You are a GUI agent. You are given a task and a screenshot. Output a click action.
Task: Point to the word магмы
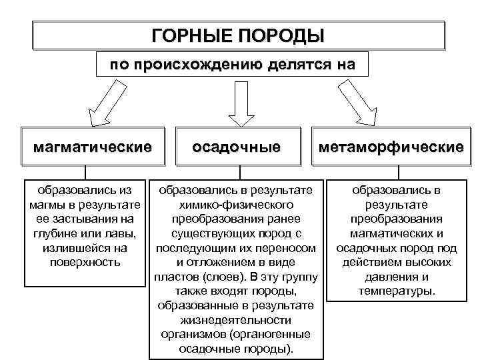point(46,205)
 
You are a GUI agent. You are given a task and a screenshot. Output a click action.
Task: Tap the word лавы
point(123,233)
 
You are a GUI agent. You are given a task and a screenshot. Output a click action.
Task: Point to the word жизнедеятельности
point(236,320)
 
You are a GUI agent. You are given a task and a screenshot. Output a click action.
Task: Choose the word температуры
point(397,291)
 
